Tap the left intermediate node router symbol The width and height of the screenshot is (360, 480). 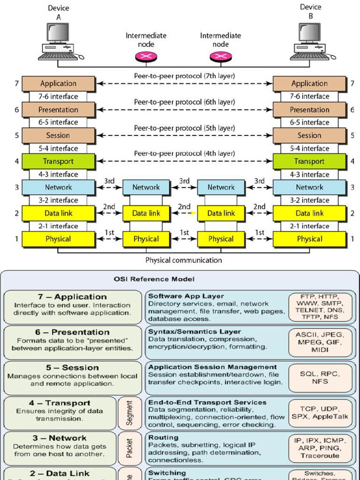click(146, 57)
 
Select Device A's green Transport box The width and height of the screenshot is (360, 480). click(59, 161)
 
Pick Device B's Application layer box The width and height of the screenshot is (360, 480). click(309, 84)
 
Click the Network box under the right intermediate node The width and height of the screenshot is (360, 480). click(221, 187)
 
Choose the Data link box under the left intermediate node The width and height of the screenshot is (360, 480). click(146, 213)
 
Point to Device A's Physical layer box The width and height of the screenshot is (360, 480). click(59, 239)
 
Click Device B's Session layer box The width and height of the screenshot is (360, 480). click(309, 135)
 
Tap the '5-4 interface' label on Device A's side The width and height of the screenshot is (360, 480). click(59, 149)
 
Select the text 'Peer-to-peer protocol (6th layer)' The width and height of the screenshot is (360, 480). click(184, 102)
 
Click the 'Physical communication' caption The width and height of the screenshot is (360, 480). click(184, 260)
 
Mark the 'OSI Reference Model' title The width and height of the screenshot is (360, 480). click(154, 279)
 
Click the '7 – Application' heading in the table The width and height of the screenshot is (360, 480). click(72, 297)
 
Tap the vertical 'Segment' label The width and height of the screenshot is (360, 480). click(130, 413)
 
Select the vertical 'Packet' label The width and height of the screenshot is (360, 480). click(130, 448)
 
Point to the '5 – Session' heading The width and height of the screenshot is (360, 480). click(72, 367)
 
